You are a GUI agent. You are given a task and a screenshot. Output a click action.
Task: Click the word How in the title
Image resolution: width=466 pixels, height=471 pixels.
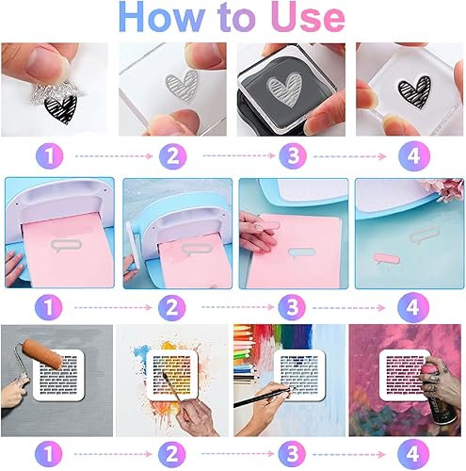pos(161,17)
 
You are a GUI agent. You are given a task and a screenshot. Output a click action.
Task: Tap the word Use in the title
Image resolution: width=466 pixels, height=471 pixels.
pos(308,17)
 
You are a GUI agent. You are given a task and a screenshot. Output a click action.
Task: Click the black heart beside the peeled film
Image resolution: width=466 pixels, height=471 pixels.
pos(60,109)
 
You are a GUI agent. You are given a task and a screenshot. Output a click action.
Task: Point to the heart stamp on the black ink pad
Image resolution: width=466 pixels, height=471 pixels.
pos(284,89)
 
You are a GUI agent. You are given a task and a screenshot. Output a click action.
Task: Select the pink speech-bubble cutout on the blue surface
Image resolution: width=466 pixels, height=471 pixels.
pos(386,259)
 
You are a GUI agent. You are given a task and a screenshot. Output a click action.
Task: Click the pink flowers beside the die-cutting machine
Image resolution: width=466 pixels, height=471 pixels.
pos(446,189)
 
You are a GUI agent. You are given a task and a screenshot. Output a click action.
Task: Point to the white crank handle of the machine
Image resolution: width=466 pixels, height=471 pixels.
pos(134,245)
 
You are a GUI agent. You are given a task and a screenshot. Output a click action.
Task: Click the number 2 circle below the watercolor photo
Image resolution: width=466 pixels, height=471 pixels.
pos(171,454)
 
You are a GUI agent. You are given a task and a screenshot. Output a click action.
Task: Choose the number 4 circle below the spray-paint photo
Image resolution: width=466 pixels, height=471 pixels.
pos(412,454)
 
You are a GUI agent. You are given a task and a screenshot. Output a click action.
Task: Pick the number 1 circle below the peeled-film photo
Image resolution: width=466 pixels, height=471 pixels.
pos(50,155)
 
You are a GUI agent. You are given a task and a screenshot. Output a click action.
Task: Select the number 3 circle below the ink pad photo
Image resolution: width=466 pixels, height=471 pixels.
pos(293,155)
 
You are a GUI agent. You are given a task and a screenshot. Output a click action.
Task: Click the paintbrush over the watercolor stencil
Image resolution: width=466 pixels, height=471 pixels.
pos(171,386)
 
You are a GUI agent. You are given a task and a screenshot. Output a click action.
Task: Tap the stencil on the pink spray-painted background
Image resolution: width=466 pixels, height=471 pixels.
pos(404,375)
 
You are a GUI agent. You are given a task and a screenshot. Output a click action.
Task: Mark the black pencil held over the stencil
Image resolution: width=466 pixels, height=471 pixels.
pos(265,397)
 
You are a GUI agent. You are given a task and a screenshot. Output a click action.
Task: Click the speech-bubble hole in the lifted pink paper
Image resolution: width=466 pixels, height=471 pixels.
pos(301,252)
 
